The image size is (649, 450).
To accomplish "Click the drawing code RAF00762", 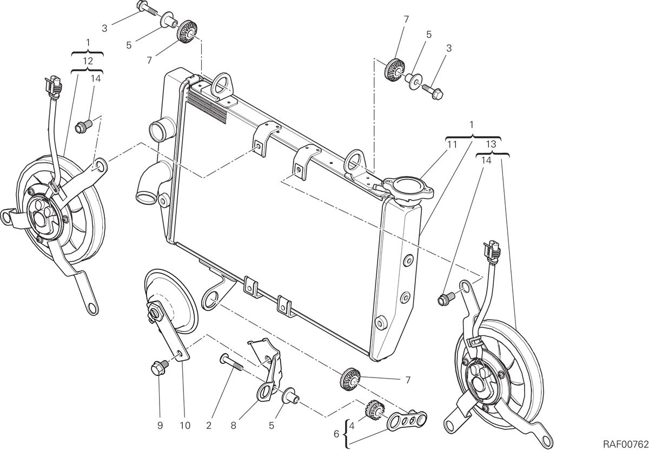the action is [x=626, y=444].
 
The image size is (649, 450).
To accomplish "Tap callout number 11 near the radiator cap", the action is [x=452, y=144].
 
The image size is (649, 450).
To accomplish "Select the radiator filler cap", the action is [x=409, y=188].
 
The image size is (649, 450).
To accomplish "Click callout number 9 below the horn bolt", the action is [x=160, y=425].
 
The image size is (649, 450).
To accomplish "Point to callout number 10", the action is [x=185, y=425].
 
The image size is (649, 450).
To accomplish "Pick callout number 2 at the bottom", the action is [x=209, y=425].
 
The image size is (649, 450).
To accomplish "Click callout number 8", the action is [x=233, y=425].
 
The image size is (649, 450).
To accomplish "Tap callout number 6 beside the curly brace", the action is [x=336, y=434].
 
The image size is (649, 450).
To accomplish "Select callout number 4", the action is [x=352, y=426].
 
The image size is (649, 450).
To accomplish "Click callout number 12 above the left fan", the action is [x=88, y=61].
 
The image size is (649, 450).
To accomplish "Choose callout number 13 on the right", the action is [x=491, y=144].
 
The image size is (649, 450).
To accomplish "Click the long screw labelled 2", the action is [x=232, y=363].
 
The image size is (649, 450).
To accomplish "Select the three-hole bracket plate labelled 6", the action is [x=407, y=421].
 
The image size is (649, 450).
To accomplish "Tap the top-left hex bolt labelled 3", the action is [x=147, y=8].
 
